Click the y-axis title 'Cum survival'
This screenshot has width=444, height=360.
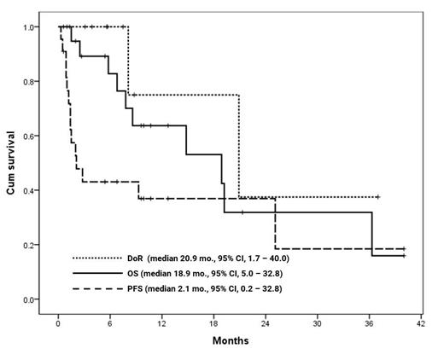click(x=12, y=163)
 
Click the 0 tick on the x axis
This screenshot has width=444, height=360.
click(x=57, y=324)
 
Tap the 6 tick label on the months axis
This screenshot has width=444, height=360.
click(x=109, y=324)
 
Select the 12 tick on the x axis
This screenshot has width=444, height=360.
click(x=161, y=324)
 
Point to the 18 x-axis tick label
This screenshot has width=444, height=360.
click(x=213, y=324)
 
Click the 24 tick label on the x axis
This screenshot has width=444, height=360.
click(x=266, y=324)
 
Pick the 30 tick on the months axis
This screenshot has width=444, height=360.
click(x=318, y=324)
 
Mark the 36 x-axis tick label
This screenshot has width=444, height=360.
click(x=370, y=324)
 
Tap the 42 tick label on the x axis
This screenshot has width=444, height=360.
click(x=422, y=324)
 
